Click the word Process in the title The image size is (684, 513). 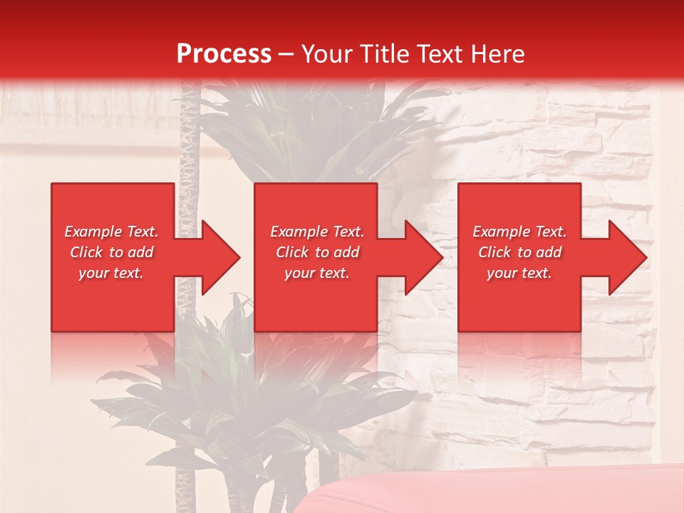(224, 54)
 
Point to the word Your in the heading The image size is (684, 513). (327, 54)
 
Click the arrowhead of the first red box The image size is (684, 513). (217, 257)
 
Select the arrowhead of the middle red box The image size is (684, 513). (421, 257)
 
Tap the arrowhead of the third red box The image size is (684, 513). (625, 257)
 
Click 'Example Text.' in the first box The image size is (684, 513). (111, 232)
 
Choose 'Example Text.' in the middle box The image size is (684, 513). (317, 232)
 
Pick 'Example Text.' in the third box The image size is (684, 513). (519, 232)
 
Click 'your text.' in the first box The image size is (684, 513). (111, 273)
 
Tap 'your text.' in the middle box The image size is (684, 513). (317, 273)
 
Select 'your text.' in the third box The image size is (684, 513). (519, 273)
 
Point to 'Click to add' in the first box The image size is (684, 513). (111, 252)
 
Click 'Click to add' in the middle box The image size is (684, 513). (317, 252)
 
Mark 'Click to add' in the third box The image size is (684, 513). (519, 252)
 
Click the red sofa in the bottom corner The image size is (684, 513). (499, 492)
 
